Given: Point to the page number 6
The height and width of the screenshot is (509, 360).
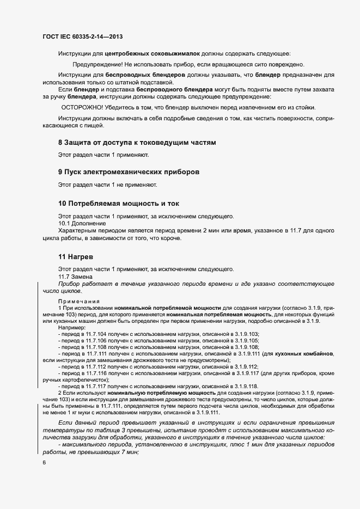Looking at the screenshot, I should coord(45,463).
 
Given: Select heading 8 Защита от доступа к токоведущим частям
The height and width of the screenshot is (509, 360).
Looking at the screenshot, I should coord(137,143).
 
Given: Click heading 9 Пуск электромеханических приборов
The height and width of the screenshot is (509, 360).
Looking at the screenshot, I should coord(129,172).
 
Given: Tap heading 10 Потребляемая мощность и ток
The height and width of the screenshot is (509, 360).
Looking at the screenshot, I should coord(118,203).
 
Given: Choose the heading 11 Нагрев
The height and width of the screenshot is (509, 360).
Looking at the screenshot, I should coord(77,256).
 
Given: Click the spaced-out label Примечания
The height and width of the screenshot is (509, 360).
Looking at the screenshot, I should coord(76,301).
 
